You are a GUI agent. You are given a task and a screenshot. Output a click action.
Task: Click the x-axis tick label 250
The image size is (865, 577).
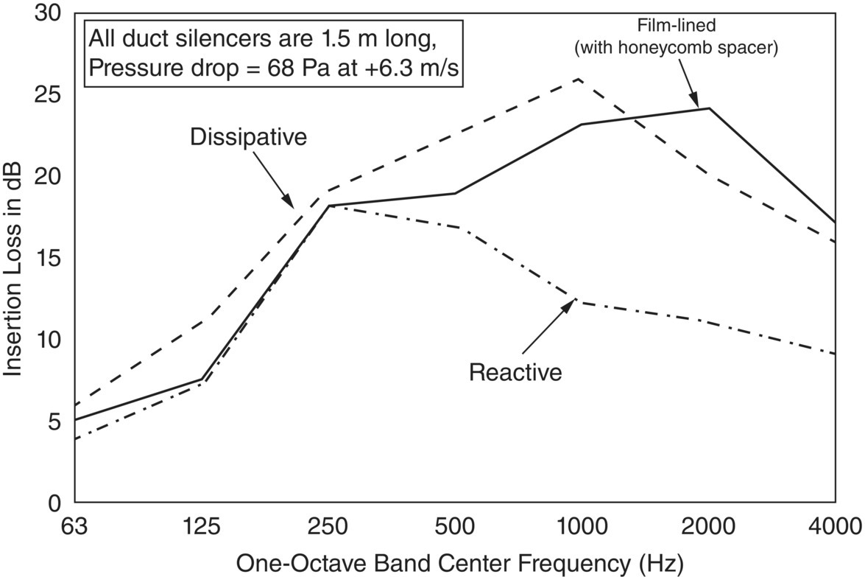click(329, 528)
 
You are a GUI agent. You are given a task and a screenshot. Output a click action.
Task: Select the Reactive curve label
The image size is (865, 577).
click(515, 372)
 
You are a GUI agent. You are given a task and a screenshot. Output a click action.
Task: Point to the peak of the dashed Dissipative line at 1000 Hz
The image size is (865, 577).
click(581, 79)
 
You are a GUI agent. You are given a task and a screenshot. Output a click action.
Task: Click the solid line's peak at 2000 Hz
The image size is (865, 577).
click(708, 108)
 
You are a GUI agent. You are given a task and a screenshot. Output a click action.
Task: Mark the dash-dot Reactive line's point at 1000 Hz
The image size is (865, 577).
click(581, 301)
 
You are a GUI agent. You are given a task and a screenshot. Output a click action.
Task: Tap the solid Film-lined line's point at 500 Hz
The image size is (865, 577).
click(455, 193)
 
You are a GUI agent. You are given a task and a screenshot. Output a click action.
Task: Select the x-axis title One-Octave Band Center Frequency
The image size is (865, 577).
click(459, 564)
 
